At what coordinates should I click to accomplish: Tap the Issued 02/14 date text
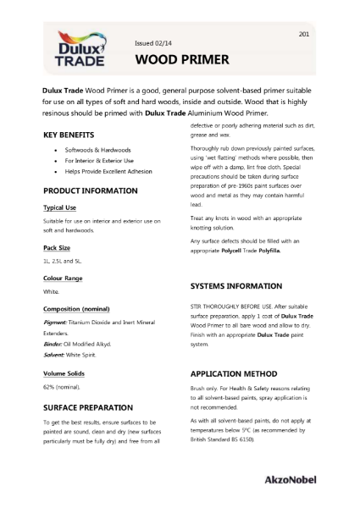coord(152,42)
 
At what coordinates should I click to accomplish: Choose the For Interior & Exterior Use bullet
coord(95,160)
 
